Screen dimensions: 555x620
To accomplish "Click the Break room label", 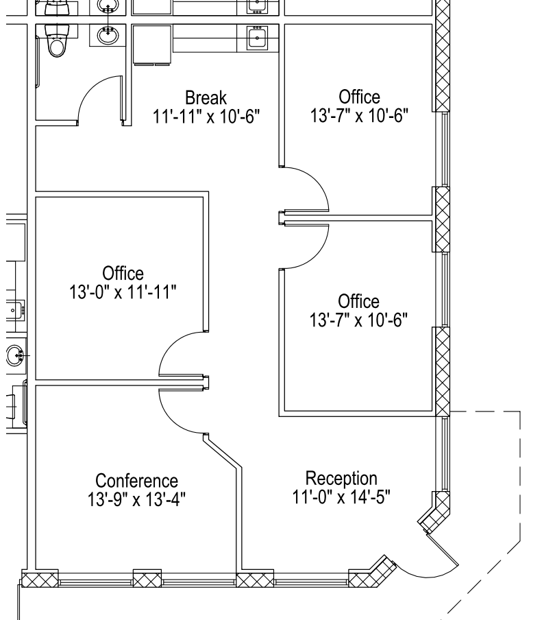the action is coord(206,97).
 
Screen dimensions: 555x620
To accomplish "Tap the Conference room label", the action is coord(136,481).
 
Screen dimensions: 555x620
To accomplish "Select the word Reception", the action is coord(341,479).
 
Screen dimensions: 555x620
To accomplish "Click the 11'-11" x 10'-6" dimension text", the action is coord(206,117).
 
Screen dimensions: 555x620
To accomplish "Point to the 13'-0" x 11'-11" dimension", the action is coord(123,292).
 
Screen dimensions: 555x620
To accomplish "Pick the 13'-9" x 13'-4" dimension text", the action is coord(136,499).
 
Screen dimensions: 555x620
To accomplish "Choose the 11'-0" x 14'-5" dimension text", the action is coord(341,497).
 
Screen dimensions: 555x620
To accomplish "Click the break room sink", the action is coord(257,38).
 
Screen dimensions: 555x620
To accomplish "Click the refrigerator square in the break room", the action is coord(152,45).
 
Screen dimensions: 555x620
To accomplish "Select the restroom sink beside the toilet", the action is coord(108,36).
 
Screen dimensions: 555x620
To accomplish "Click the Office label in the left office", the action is coord(123,273).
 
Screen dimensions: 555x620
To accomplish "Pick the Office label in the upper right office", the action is coord(360,97).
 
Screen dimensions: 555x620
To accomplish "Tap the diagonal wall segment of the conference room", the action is coord(223,451).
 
